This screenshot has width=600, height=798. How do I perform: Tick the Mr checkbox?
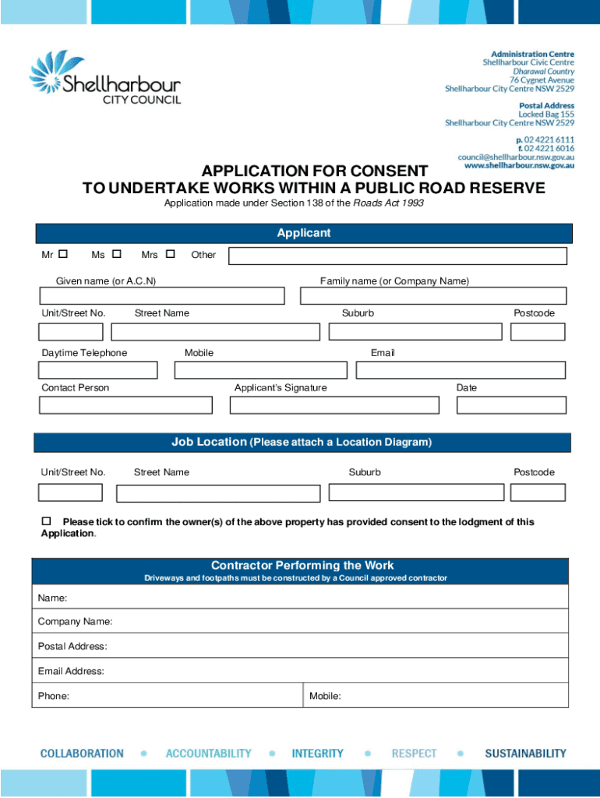point(63,254)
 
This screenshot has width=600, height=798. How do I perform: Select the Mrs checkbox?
point(171,254)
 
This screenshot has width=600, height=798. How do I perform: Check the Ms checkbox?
point(117,254)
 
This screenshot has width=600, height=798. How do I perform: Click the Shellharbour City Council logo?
point(105,78)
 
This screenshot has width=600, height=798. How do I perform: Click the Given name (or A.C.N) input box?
point(162,296)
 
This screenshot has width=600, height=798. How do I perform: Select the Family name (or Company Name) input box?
point(433,296)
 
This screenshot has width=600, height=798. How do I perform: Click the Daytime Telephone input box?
point(98,369)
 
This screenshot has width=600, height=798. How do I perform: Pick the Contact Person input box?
point(125,405)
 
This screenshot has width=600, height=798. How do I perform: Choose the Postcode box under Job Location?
point(538,493)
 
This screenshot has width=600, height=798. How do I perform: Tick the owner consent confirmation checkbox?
point(46,521)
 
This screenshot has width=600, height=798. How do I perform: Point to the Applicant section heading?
point(304,233)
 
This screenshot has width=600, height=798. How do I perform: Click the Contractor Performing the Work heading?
point(302,566)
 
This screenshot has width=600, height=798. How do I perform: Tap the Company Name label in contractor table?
point(76,622)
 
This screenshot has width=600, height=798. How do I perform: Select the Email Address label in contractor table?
point(71,671)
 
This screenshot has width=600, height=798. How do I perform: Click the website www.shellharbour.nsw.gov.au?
point(519,165)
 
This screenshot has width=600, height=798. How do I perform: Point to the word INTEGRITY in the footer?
point(317,754)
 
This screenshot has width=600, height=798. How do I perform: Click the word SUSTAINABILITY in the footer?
point(525,754)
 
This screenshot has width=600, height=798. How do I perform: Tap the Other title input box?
point(397,255)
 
